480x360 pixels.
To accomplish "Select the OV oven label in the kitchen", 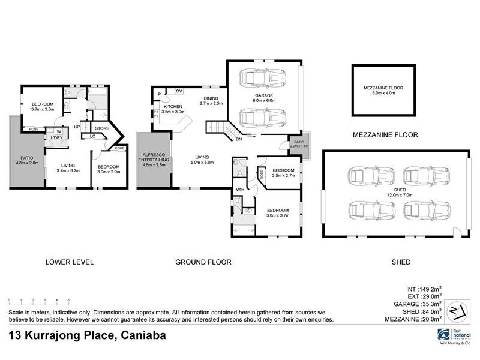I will coord(179,91).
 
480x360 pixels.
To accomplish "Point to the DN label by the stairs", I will coord(238,139).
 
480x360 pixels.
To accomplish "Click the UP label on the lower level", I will coord(77,127).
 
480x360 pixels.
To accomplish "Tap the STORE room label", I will coord(102,128).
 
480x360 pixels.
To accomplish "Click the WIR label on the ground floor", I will coord(239,190).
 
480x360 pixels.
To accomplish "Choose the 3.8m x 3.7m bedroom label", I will coord(278,213).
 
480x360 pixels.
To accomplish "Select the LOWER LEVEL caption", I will coord(69,262).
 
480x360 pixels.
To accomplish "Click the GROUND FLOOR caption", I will coord(203,262).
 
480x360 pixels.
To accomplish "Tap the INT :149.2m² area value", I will coord(423,287).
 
